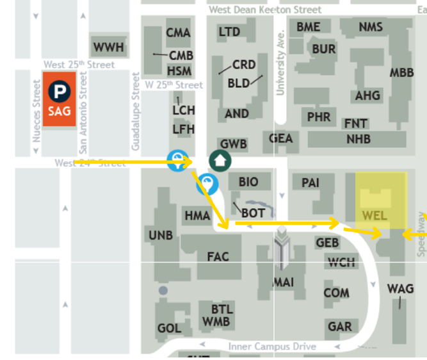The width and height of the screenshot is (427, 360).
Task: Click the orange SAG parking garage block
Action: pos(60,99)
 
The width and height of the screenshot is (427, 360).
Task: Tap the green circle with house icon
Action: pos(220,160)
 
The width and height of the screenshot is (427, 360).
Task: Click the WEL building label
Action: pos(375,215)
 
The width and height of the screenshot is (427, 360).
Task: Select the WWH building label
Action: pos(108,47)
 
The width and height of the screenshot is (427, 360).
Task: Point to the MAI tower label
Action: pos(283,282)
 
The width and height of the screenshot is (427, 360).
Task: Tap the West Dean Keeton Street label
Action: pos(265,10)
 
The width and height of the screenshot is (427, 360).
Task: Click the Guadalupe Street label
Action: pos(136,111)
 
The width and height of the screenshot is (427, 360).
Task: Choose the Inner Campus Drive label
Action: pos(272,347)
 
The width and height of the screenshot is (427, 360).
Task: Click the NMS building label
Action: pos(371,27)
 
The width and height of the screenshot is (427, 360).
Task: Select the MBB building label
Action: pos(401,72)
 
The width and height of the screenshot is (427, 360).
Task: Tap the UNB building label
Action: pos(160,235)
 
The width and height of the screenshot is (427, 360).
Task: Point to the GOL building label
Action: pos(169,328)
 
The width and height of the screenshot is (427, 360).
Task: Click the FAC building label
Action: pos(218,257)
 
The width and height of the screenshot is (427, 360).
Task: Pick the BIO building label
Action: pos(248,182)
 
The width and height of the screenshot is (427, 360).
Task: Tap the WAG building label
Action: pos(401,289)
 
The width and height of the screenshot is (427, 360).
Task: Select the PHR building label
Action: pos(319,117)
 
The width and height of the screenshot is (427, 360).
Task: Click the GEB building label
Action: pos(328,243)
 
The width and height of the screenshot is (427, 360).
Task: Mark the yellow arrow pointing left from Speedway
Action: pos(411,236)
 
